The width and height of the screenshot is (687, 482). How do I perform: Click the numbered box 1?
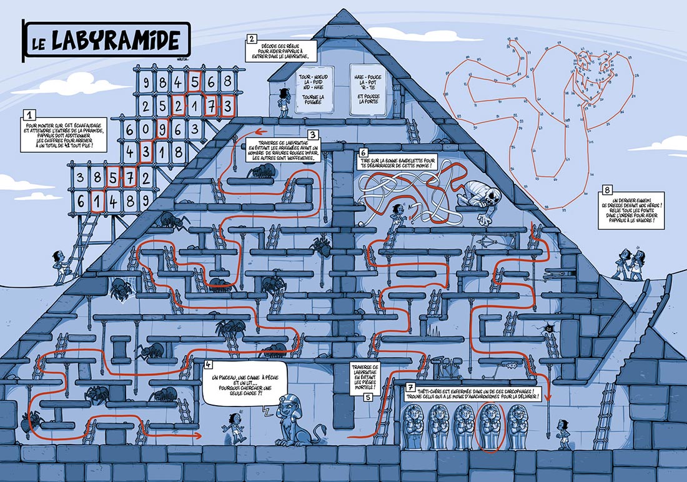[27, 116]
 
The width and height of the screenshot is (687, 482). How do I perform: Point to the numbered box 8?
[606, 190]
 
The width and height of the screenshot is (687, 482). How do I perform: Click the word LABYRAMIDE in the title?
[119, 40]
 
